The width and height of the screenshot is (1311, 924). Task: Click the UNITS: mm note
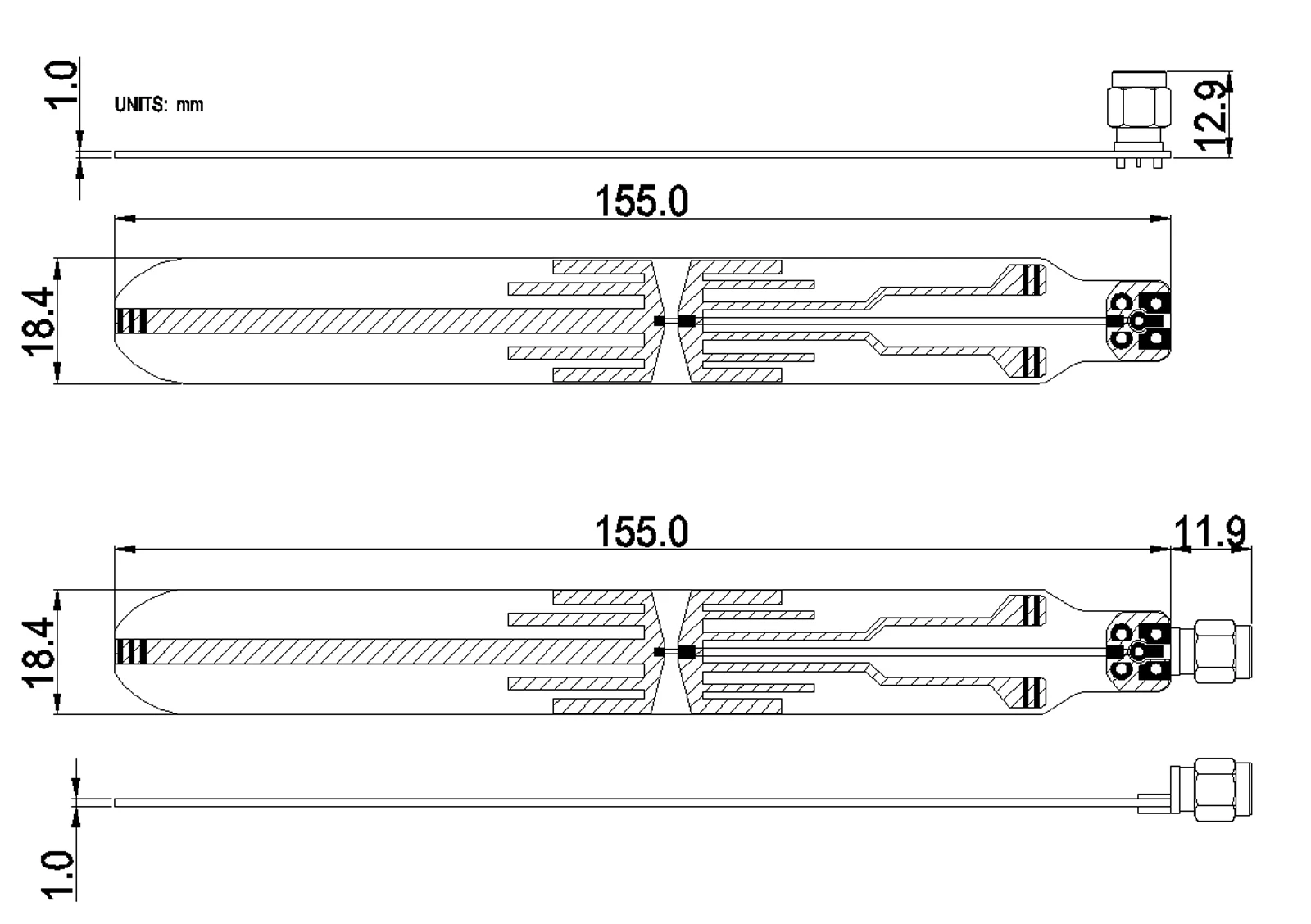pos(159,105)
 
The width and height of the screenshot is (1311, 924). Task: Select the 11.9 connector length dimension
pos(1210,533)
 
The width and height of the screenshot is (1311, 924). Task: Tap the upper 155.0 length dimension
pos(641,202)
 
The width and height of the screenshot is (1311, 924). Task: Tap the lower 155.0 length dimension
pos(641,532)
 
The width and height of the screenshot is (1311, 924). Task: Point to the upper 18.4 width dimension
pos(40,320)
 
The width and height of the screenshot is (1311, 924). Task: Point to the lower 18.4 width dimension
pos(40,652)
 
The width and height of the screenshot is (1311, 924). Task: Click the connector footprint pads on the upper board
pos(1138,321)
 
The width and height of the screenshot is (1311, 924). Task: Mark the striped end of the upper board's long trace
pos(131,321)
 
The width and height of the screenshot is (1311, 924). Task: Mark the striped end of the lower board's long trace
pos(131,652)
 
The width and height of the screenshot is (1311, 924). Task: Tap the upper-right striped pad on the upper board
pos(1034,280)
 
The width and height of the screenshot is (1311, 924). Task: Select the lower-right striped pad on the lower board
pos(1034,693)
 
